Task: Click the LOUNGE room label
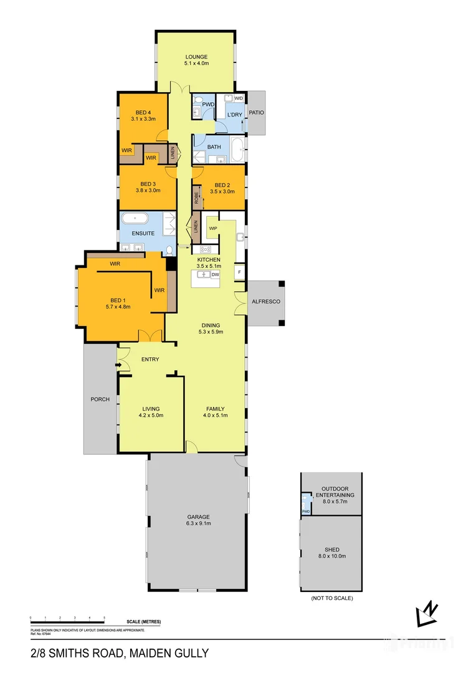[196, 57]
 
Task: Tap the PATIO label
[257, 113]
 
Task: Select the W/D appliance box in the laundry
[239, 98]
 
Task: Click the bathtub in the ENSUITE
[134, 219]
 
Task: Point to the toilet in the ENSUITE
[169, 251]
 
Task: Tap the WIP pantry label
[212, 229]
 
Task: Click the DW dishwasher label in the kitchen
[215, 274]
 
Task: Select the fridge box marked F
[239, 272]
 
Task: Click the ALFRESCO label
[266, 302]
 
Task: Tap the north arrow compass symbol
[427, 614]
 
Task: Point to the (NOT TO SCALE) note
[331, 598]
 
